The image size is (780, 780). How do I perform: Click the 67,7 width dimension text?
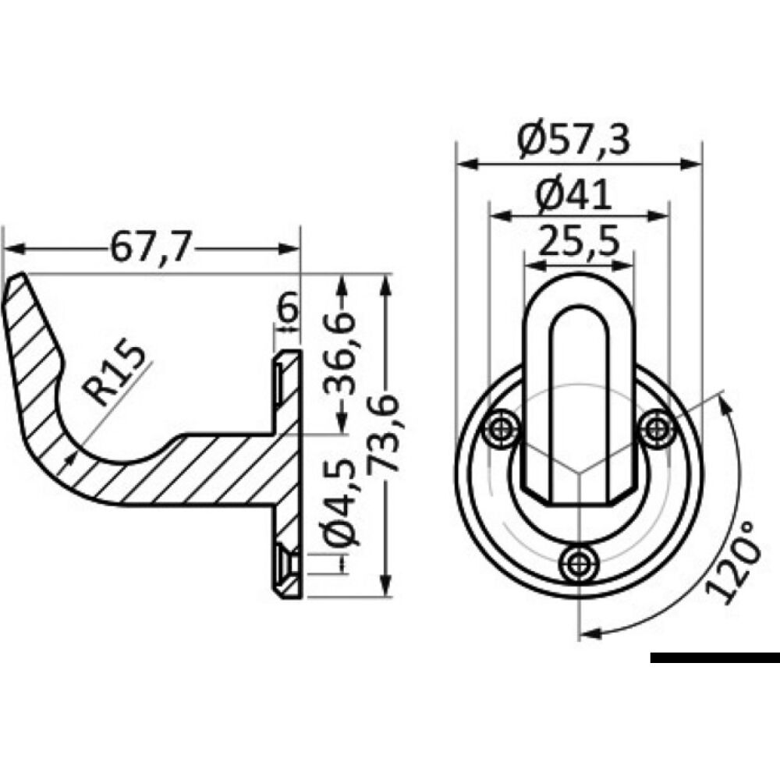pyautogui.click(x=151, y=248)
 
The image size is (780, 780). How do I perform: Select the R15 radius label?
pyautogui.click(x=117, y=375)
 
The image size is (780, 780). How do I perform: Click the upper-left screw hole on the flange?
pyautogui.click(x=500, y=429)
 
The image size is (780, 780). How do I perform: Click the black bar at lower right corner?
pyautogui.click(x=714, y=658)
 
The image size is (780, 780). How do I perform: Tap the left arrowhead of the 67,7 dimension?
pyautogui.click(x=9, y=249)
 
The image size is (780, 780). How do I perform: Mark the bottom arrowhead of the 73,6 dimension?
pyautogui.click(x=384, y=592)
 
